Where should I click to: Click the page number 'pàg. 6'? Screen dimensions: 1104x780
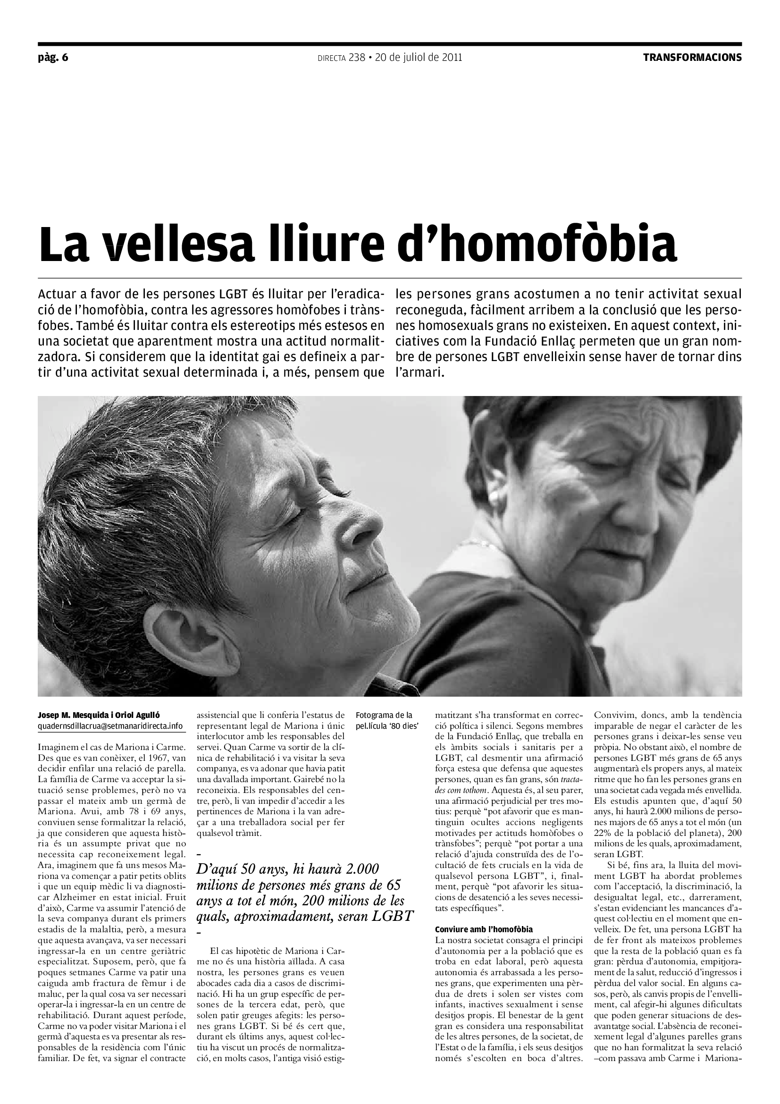53,58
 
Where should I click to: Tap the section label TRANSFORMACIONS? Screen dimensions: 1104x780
692,58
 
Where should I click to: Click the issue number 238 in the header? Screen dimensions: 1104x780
357,58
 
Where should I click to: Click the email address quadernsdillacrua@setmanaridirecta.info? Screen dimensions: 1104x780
110,725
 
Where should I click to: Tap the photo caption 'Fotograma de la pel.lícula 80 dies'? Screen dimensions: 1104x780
384,720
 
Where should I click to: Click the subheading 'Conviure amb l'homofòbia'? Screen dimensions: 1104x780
484,929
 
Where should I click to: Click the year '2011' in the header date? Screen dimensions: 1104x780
452,58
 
